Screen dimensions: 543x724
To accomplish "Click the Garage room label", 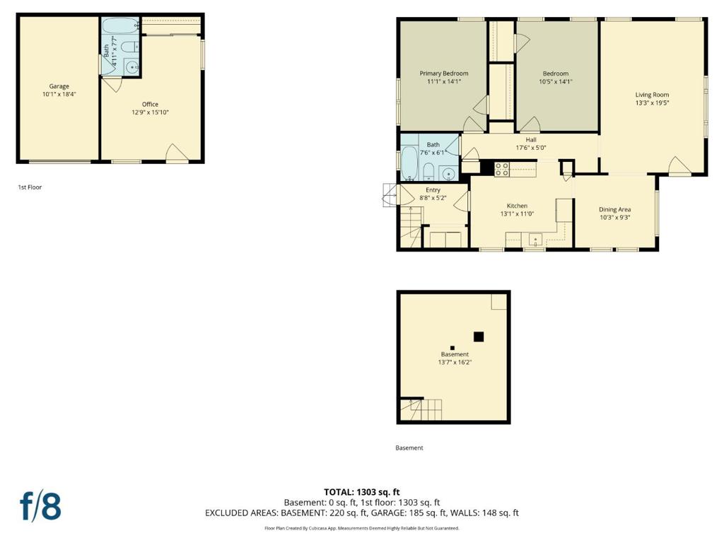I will click(59, 86).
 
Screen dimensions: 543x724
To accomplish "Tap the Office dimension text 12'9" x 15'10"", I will click(150, 112).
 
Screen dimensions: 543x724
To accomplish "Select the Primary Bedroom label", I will click(443, 74).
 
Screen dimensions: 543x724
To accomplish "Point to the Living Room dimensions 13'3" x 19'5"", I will click(651, 103).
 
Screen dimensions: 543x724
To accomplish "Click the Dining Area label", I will click(614, 209).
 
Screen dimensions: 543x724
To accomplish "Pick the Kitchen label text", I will click(517, 206).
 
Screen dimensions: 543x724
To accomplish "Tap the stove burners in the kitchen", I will click(502, 169).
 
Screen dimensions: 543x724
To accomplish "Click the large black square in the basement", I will click(479, 337).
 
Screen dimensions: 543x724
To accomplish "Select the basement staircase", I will click(423, 409).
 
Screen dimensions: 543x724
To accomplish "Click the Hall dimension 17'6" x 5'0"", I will click(530, 148).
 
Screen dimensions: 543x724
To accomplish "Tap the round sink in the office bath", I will click(132, 68).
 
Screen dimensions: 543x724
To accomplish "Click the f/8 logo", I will click(40, 507).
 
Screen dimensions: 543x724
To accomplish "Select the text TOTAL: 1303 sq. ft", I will click(361, 492).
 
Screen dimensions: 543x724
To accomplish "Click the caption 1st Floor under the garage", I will click(30, 187).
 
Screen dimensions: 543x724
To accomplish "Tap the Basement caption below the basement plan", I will click(409, 448).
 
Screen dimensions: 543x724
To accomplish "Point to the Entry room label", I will click(433, 190).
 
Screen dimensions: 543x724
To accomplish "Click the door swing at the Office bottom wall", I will click(176, 153).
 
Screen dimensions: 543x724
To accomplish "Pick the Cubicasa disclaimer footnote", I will click(361, 528).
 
